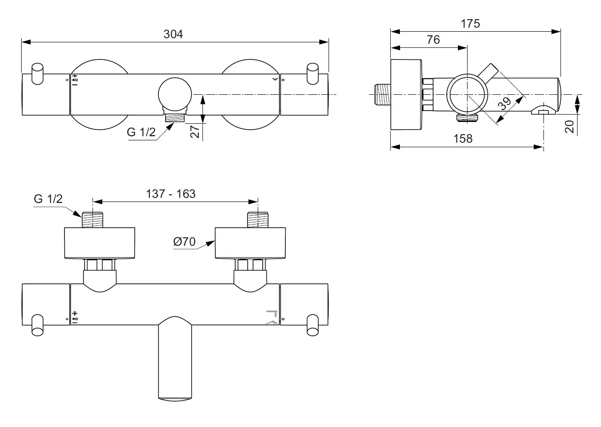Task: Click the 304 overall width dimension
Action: point(173,35)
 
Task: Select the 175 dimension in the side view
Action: point(470,23)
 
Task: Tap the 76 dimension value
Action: point(433,40)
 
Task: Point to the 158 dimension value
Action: point(463,138)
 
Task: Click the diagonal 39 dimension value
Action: point(504,104)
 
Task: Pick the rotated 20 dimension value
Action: point(569,127)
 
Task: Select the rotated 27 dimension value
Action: point(195,132)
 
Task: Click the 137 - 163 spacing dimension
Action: point(171,194)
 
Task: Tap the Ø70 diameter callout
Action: point(184,242)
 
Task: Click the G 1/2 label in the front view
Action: point(141,132)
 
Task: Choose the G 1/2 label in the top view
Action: point(48,199)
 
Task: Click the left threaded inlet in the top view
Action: point(92,220)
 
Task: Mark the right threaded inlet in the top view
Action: point(258,220)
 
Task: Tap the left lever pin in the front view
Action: point(37,74)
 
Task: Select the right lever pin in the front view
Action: point(312,74)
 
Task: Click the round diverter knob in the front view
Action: point(175,94)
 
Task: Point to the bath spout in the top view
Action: point(175,359)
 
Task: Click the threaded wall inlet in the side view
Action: point(382,95)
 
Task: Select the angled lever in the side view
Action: point(488,72)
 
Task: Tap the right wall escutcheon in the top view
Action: point(250,243)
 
